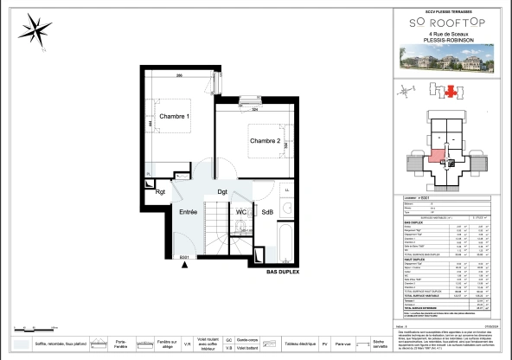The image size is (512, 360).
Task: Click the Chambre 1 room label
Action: [174, 116]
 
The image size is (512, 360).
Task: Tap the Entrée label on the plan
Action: [189, 211]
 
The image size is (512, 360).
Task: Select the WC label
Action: [241, 211]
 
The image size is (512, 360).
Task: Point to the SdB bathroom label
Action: [267, 211]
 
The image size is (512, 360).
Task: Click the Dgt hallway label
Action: [222, 192]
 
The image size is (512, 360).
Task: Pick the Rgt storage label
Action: [160, 192]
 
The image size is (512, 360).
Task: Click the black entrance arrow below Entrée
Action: [184, 266]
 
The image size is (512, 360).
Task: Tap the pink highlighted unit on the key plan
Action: [438, 157]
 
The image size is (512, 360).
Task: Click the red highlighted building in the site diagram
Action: [450, 89]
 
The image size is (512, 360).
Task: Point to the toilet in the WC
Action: [240, 227]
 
